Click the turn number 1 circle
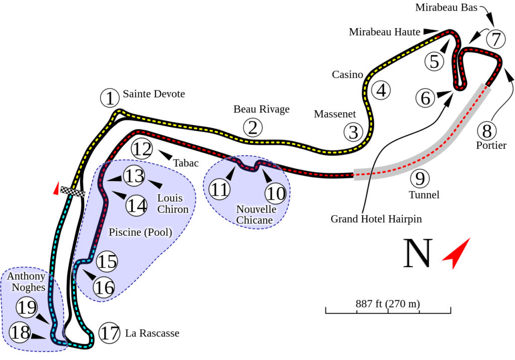point(108,98)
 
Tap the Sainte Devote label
point(154,94)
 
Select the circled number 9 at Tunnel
point(419,179)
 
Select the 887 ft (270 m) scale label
point(388,304)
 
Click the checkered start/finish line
point(71,191)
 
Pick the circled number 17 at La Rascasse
point(109,333)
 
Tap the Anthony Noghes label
point(26,282)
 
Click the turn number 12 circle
point(142,149)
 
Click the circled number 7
point(496,39)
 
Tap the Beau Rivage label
point(262,109)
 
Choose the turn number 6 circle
point(425,98)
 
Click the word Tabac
point(186,163)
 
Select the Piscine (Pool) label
point(140,232)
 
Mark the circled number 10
point(276,193)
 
